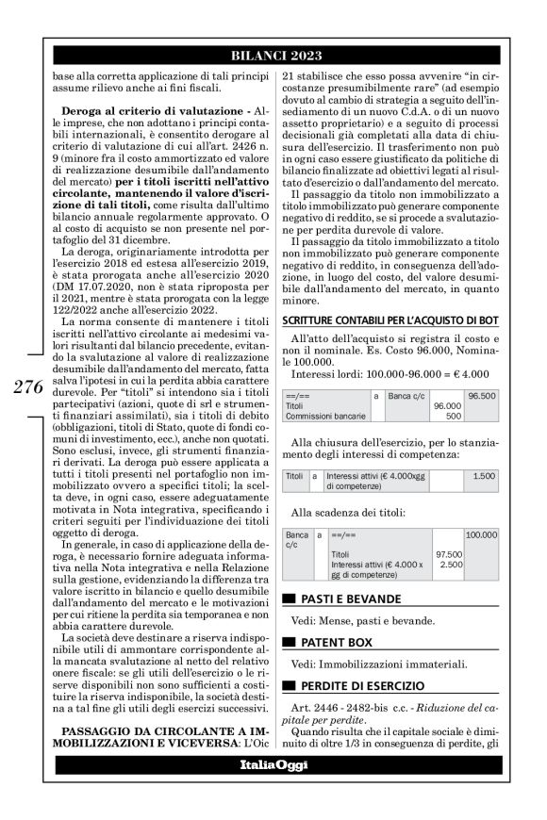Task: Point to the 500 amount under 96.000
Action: [x=454, y=415]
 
